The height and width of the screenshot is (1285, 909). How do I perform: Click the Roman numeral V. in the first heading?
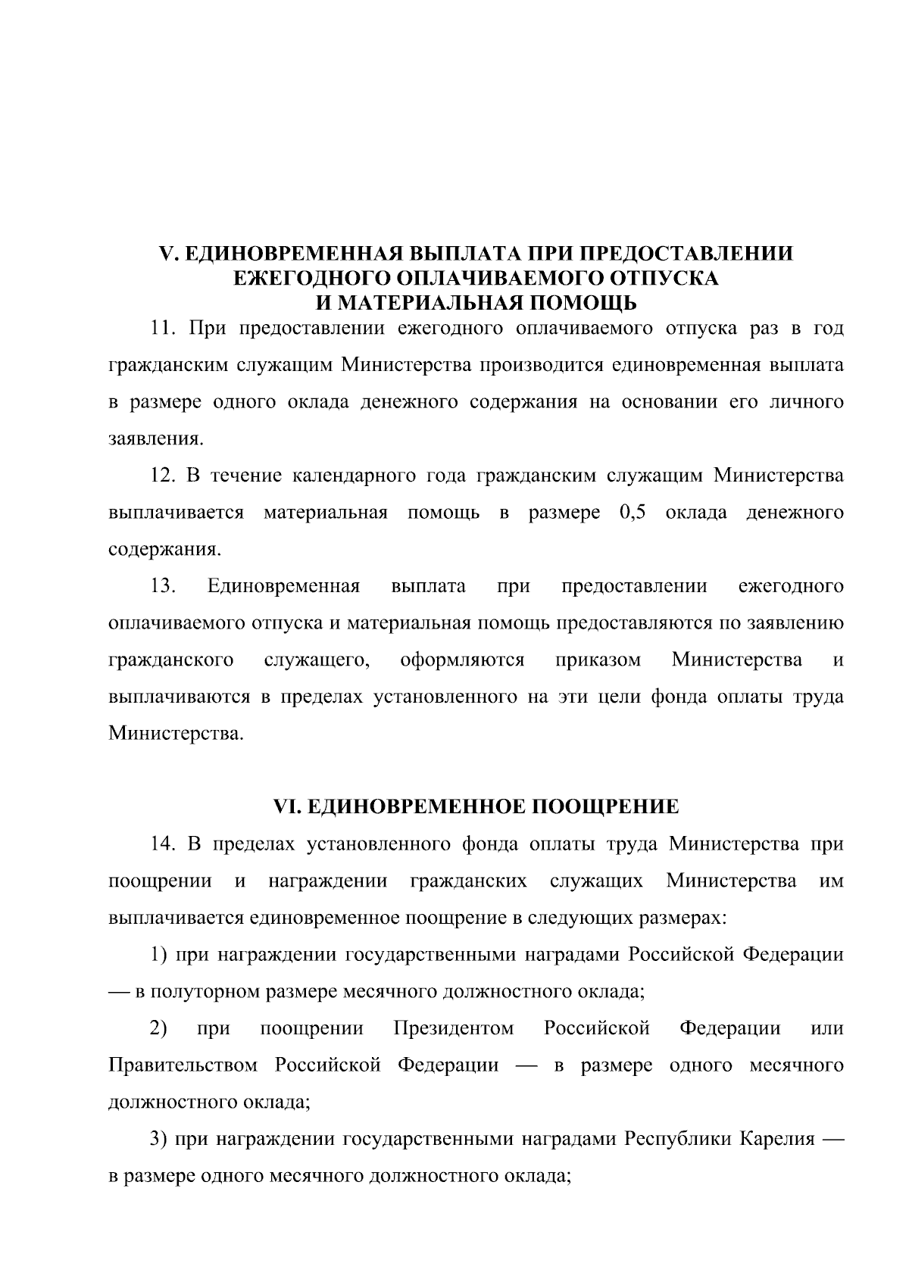168,253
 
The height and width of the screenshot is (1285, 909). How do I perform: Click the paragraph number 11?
164,329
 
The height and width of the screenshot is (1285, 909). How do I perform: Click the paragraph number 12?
164,476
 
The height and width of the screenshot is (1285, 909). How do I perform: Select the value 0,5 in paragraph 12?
631,513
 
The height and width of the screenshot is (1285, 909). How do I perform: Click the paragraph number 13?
164,587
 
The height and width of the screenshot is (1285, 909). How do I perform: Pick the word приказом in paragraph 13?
598,660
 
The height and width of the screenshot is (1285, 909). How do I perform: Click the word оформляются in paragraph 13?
462,660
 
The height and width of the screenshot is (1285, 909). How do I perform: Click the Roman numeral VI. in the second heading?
287,807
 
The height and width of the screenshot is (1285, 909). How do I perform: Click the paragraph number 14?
164,844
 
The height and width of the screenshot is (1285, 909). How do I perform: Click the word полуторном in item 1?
217,991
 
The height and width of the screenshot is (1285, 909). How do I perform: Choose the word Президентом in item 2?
454,1028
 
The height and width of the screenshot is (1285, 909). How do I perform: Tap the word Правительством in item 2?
183,1065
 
